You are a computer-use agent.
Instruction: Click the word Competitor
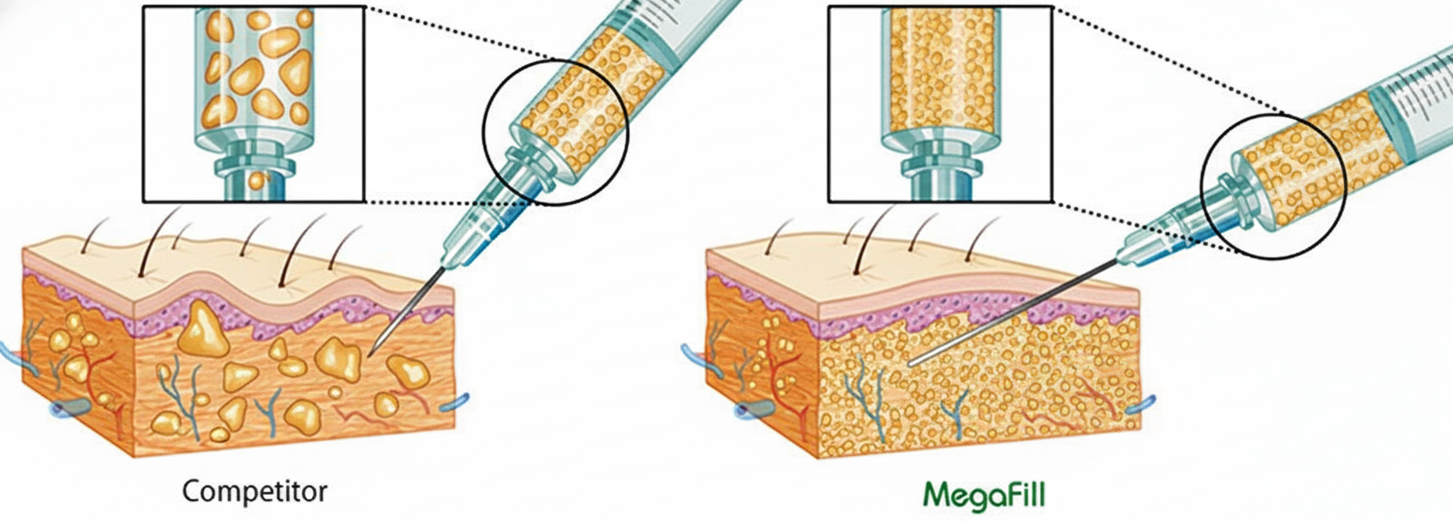(254, 491)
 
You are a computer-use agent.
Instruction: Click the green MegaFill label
(984, 494)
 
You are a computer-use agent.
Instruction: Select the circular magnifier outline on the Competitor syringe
(486, 134)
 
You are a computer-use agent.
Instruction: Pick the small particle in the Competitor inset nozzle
(258, 180)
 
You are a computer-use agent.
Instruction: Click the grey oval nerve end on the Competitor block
(70, 405)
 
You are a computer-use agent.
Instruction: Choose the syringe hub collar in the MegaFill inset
(940, 159)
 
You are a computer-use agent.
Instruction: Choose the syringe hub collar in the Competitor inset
(254, 159)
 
